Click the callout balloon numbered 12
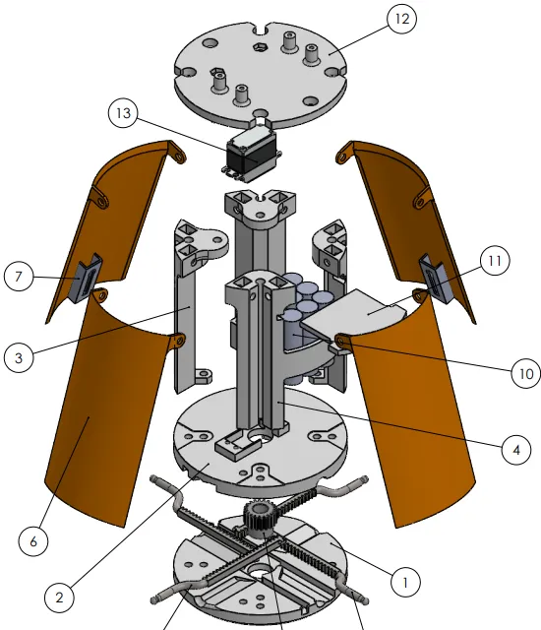[401, 21]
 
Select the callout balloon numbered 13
[122, 114]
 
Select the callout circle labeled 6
[33, 541]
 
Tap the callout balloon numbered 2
[60, 596]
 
